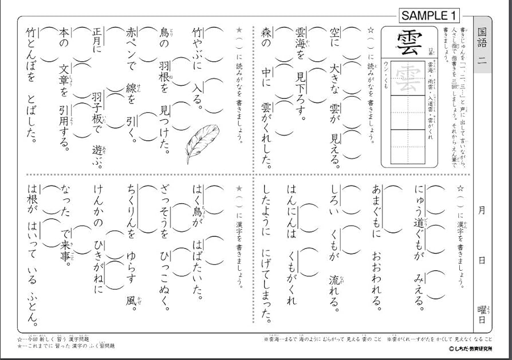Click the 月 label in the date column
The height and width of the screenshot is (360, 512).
[482, 211]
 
